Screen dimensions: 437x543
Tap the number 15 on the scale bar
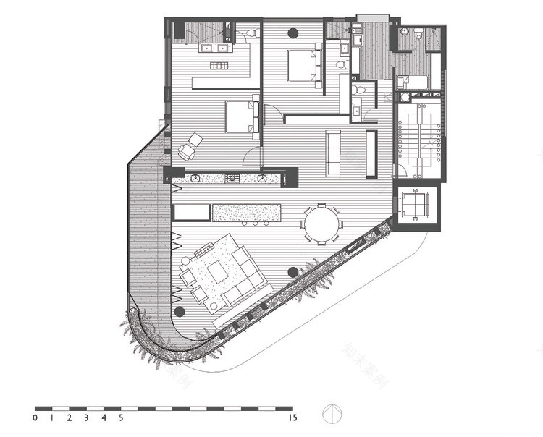click(x=292, y=417)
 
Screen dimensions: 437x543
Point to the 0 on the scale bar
click(x=35, y=417)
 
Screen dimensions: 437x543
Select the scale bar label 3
click(x=86, y=417)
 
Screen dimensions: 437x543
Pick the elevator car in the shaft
click(x=416, y=204)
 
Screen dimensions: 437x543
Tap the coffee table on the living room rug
click(x=216, y=271)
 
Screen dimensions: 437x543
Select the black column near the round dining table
click(x=292, y=272)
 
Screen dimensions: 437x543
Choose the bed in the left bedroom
click(x=240, y=117)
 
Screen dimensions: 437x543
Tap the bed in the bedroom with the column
click(x=304, y=66)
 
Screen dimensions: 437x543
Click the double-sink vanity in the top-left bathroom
click(x=214, y=48)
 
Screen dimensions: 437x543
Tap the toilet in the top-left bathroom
click(x=250, y=33)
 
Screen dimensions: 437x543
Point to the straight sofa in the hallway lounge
click(x=333, y=153)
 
